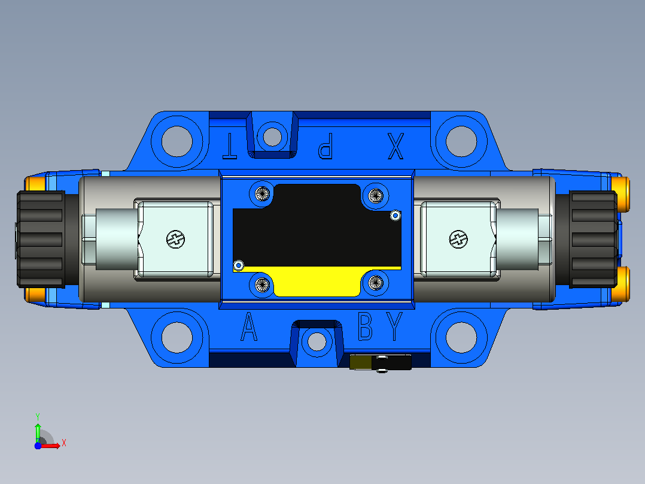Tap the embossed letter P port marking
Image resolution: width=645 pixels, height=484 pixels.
click(x=325, y=146)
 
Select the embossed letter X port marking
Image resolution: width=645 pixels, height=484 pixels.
click(x=395, y=146)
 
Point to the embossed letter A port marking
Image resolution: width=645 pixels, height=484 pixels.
click(x=248, y=326)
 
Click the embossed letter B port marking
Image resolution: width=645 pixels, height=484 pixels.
click(x=365, y=326)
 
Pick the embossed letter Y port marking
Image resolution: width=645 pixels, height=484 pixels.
click(x=394, y=326)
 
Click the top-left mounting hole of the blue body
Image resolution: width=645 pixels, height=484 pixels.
click(x=177, y=141)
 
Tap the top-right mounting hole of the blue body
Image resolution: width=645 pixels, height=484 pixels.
click(x=461, y=141)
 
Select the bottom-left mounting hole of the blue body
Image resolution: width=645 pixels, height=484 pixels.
click(x=177, y=337)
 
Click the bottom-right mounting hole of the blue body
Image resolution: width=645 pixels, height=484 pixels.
click(x=461, y=337)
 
